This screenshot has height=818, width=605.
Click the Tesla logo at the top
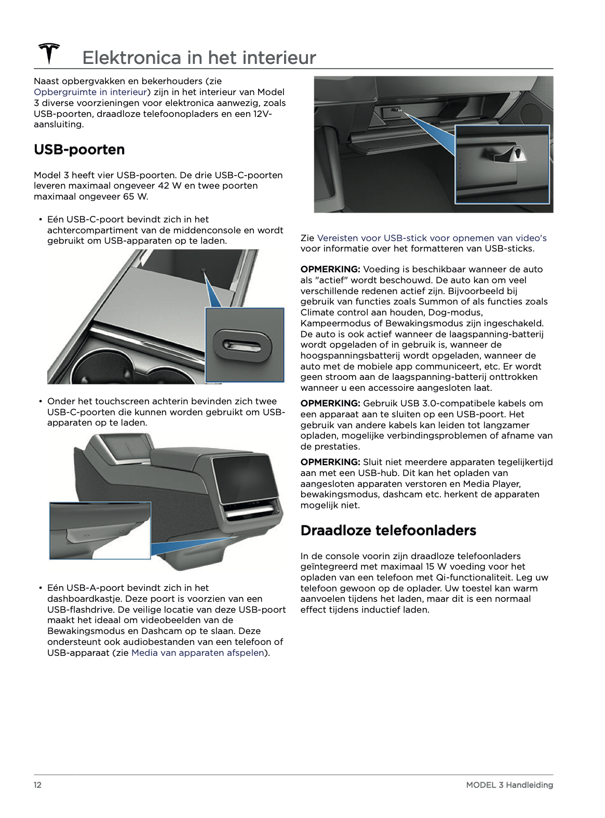click(49, 53)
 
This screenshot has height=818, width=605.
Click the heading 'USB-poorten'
click(79, 149)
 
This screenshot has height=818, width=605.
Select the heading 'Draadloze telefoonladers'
click(388, 530)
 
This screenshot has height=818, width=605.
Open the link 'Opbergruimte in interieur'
click(90, 92)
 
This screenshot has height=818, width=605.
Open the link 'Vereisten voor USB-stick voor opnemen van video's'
click(432, 238)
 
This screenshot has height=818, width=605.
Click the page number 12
click(37, 784)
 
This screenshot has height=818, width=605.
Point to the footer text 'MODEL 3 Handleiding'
click(509, 784)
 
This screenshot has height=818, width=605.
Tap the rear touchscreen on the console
click(245, 479)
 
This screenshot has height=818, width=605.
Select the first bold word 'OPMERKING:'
click(330, 269)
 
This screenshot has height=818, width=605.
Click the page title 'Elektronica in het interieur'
click(199, 58)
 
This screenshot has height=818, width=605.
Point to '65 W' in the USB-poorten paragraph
click(136, 196)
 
